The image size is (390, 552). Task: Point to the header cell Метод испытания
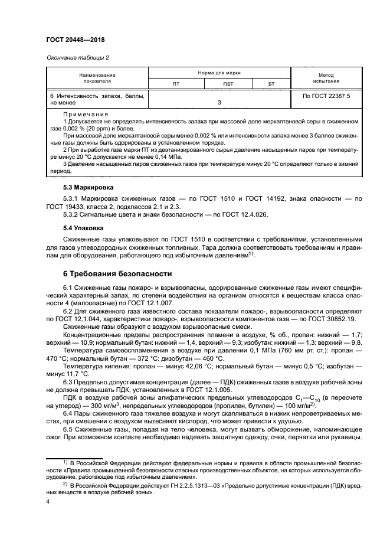click(326, 79)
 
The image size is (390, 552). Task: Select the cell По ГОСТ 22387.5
click(326, 95)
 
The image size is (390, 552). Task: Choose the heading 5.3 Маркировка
click(88, 188)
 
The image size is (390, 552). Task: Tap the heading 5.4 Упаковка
click(83, 226)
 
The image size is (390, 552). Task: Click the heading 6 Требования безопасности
click(117, 274)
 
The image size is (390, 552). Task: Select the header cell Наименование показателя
click(97, 79)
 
